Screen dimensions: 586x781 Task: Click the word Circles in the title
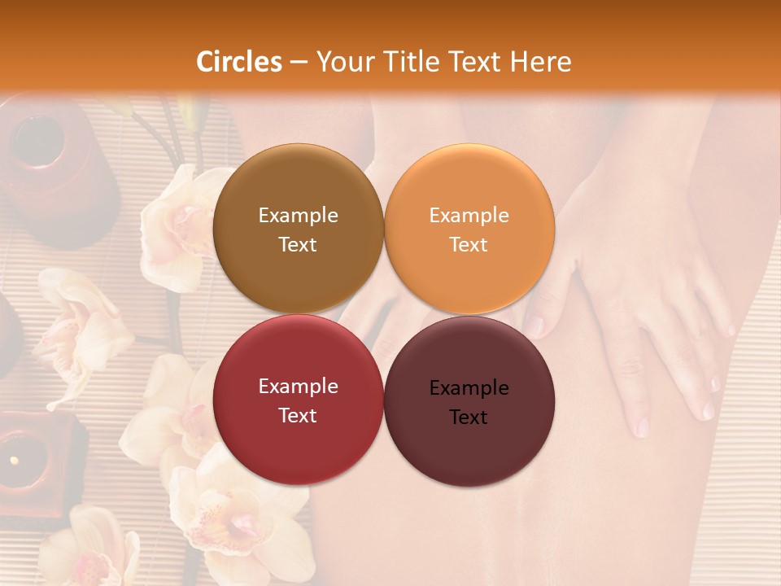[238, 62]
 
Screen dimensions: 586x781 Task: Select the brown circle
[298, 230]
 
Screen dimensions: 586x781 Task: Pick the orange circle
[469, 230]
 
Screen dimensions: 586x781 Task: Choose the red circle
[298, 400]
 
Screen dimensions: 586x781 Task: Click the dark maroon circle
[469, 400]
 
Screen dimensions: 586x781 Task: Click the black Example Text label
[469, 402]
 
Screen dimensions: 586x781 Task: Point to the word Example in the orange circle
[469, 216]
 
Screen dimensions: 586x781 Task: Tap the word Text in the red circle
[298, 415]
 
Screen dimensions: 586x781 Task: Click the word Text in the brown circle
[298, 244]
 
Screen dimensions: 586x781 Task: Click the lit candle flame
[14, 461]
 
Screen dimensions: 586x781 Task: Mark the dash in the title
[299, 62]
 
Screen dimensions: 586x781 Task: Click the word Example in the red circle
[298, 387]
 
